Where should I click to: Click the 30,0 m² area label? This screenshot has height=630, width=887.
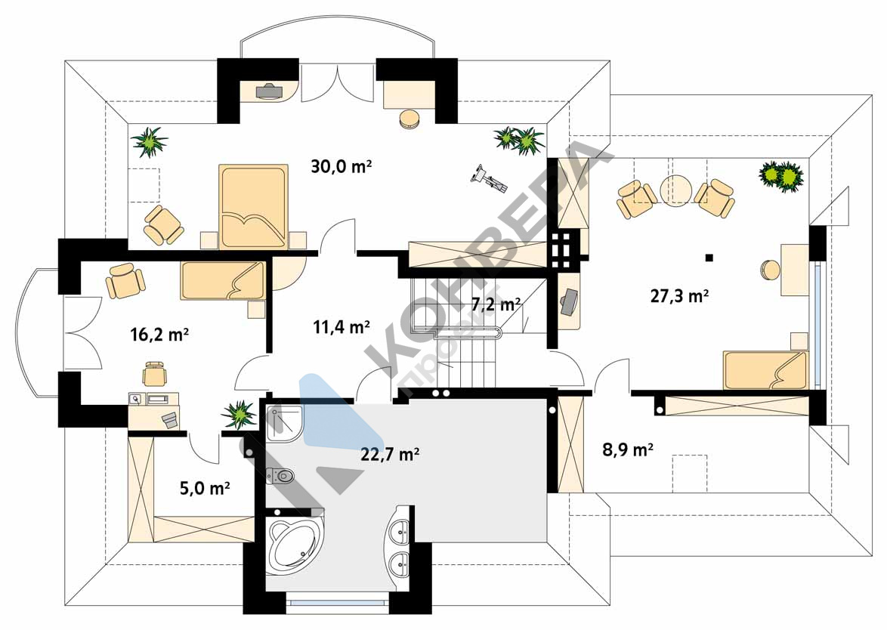tap(341, 167)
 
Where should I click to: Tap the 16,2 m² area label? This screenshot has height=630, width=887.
tap(159, 334)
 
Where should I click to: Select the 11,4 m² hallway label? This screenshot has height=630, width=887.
tap(341, 327)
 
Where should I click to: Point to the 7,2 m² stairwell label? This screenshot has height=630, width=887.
tap(496, 305)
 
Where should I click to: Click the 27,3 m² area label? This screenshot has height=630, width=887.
tap(679, 296)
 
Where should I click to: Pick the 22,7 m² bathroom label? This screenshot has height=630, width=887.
tap(390, 454)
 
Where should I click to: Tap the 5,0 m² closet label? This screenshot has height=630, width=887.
tap(205, 487)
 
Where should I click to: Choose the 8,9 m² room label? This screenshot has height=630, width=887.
tap(628, 450)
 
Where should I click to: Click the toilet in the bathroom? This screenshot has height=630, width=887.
tap(280, 477)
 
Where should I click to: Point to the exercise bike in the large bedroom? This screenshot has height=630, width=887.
tap(488, 178)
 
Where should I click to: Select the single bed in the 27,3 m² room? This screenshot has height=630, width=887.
tap(765, 370)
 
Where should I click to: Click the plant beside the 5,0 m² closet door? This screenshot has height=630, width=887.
tap(240, 415)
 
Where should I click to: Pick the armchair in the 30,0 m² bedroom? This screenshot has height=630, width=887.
tap(163, 226)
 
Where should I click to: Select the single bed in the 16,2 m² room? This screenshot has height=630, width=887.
tap(223, 280)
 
